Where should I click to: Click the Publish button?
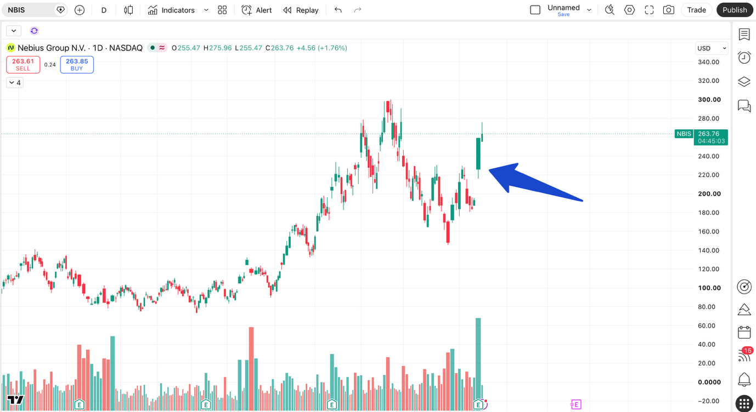click(x=735, y=10)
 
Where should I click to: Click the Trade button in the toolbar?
click(x=697, y=10)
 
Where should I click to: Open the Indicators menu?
click(x=172, y=10)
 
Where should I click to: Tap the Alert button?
click(x=257, y=10)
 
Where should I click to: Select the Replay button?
click(x=301, y=10)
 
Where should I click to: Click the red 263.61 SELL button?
click(x=23, y=65)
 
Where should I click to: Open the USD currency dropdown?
click(x=712, y=48)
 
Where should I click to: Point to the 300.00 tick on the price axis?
click(x=709, y=100)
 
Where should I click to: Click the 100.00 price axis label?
click(x=709, y=288)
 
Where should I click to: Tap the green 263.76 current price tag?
click(x=711, y=137)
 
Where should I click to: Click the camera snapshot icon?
click(x=668, y=10)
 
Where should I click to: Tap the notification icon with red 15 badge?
click(x=744, y=355)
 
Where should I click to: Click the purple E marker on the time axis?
click(x=576, y=404)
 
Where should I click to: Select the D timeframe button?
click(x=104, y=10)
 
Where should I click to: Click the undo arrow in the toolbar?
click(x=338, y=10)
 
